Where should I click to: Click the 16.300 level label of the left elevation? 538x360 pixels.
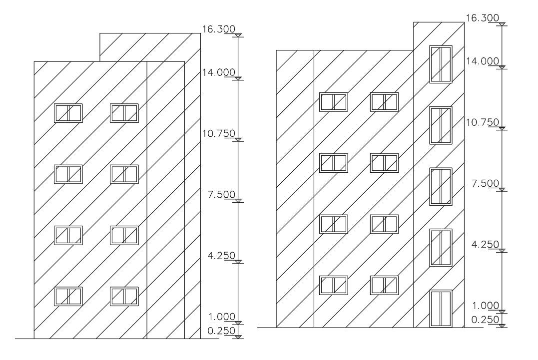[x=218, y=29]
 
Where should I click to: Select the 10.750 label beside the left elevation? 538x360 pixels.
[x=218, y=133]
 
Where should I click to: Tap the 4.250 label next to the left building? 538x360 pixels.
[x=221, y=256]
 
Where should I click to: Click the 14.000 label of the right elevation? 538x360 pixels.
[x=482, y=61]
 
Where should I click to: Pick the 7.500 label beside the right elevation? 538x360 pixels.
[x=485, y=183]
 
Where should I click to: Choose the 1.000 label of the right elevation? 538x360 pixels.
[x=485, y=306]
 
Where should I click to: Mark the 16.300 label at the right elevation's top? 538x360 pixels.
[x=482, y=18]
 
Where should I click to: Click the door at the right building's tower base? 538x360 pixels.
[x=441, y=309]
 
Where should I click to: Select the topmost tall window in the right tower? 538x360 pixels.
[x=441, y=64]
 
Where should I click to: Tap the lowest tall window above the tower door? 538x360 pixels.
[x=441, y=248]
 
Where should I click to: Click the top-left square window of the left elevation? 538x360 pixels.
[x=68, y=113]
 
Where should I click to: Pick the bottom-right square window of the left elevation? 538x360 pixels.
[x=124, y=296]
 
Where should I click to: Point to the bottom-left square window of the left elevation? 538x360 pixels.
[x=68, y=296]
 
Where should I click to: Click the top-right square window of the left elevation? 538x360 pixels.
[x=124, y=113]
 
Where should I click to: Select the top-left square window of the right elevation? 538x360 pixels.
[x=333, y=102]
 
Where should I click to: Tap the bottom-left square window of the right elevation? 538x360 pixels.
[x=333, y=285]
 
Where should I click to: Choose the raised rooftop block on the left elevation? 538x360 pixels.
[x=150, y=46]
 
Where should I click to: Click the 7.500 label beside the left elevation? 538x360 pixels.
[x=221, y=194]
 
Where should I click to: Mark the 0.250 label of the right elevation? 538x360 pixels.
[x=485, y=319]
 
